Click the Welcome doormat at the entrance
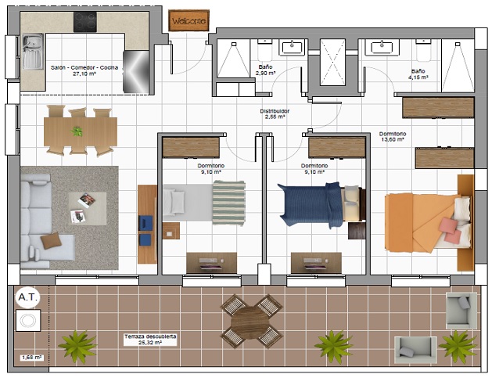188,20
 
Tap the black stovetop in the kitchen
85,22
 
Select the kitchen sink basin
33,52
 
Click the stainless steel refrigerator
136,72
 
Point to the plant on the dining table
77,131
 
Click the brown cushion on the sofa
51,240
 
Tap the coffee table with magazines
88,209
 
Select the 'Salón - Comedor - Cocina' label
84,67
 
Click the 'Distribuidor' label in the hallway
275,111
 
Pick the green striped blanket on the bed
228,203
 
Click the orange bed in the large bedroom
428,221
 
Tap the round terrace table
250,322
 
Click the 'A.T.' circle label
28,297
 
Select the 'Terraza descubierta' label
150,336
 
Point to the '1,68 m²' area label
32,358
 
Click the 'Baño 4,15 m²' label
418,74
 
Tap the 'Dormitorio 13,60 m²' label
393,137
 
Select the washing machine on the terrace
28,320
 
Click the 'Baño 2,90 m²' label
265,70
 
